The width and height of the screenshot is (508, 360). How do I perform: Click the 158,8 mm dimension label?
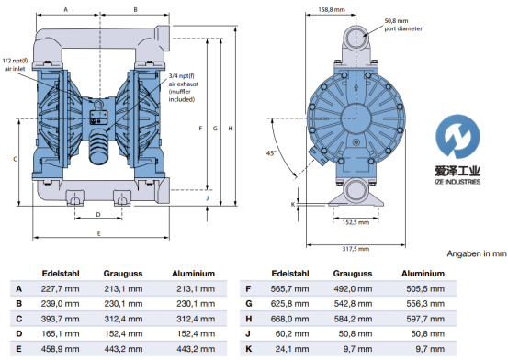pyautogui.click(x=331, y=10)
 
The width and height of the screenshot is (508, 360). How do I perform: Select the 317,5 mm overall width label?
pyautogui.click(x=356, y=249)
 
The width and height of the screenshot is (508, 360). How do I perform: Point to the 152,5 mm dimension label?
pyautogui.click(x=356, y=222)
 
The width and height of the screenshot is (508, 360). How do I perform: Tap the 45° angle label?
pyautogui.click(x=271, y=153)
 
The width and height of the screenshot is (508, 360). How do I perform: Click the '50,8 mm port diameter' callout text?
pyautogui.click(x=403, y=25)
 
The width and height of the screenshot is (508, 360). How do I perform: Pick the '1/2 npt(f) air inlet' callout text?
pyautogui.click(x=15, y=64)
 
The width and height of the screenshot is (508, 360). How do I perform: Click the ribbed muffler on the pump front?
pyautogui.click(x=99, y=146)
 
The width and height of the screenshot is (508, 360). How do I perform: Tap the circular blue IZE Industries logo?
pyautogui.click(x=457, y=137)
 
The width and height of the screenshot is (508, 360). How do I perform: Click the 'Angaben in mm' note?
pyautogui.click(x=476, y=253)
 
